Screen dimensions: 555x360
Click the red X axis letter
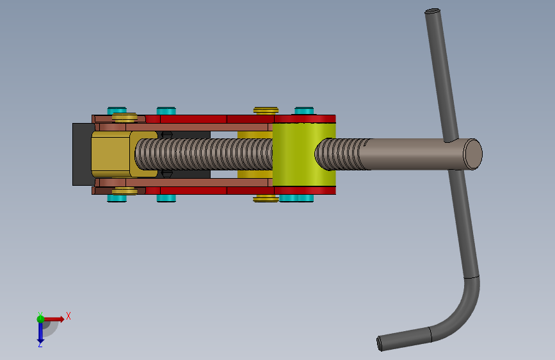coord(68,316)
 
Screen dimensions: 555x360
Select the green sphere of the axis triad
coord(40,319)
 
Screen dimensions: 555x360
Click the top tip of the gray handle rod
coord(433,12)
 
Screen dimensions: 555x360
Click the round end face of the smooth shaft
coord(473,154)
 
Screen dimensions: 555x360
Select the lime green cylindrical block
coord(304,154)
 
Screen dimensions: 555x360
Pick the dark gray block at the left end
coord(82,154)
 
